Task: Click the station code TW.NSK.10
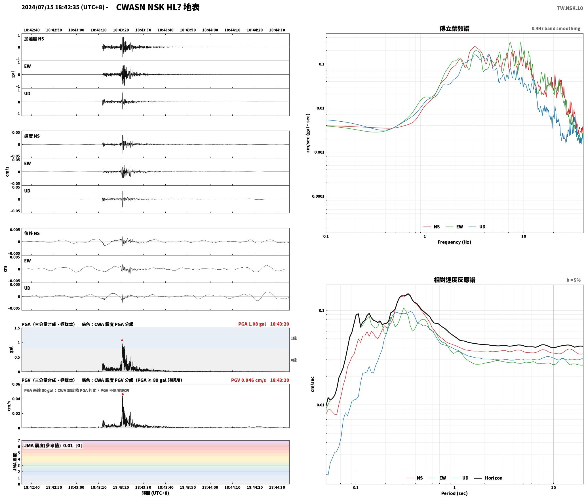[x=570, y=8]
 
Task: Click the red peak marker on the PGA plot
[x=122, y=340]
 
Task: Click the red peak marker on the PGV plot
[x=123, y=394]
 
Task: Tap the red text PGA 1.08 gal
[x=252, y=324]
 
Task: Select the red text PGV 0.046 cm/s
[x=248, y=380]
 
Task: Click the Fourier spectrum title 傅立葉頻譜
[x=454, y=28]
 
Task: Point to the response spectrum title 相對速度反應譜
[x=454, y=280]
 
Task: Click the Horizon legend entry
[x=488, y=478]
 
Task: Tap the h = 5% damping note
[x=574, y=280]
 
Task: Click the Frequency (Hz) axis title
[x=454, y=242]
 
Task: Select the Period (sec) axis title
[x=454, y=493]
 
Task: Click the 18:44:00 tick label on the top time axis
[x=210, y=30]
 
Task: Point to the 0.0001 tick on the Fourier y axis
[x=318, y=196]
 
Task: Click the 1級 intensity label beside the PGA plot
[x=294, y=338]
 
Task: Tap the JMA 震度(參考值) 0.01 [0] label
[x=53, y=445]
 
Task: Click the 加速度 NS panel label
[x=34, y=39]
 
